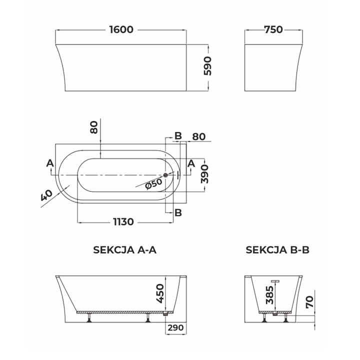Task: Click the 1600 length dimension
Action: pos(121,29)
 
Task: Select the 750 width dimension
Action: pos(273,29)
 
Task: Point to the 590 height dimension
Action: pos(208,65)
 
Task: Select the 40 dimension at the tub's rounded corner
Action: pos(46,195)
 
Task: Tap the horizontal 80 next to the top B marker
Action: pos(198,136)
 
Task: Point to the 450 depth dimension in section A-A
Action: pos(160,293)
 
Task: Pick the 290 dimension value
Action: pos(176,328)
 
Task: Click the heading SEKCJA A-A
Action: pos(124,250)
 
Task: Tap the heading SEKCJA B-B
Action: pos(277,250)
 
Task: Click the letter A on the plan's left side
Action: pos(49,163)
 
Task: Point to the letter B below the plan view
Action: pos(177,212)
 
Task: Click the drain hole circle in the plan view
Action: pos(166,175)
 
